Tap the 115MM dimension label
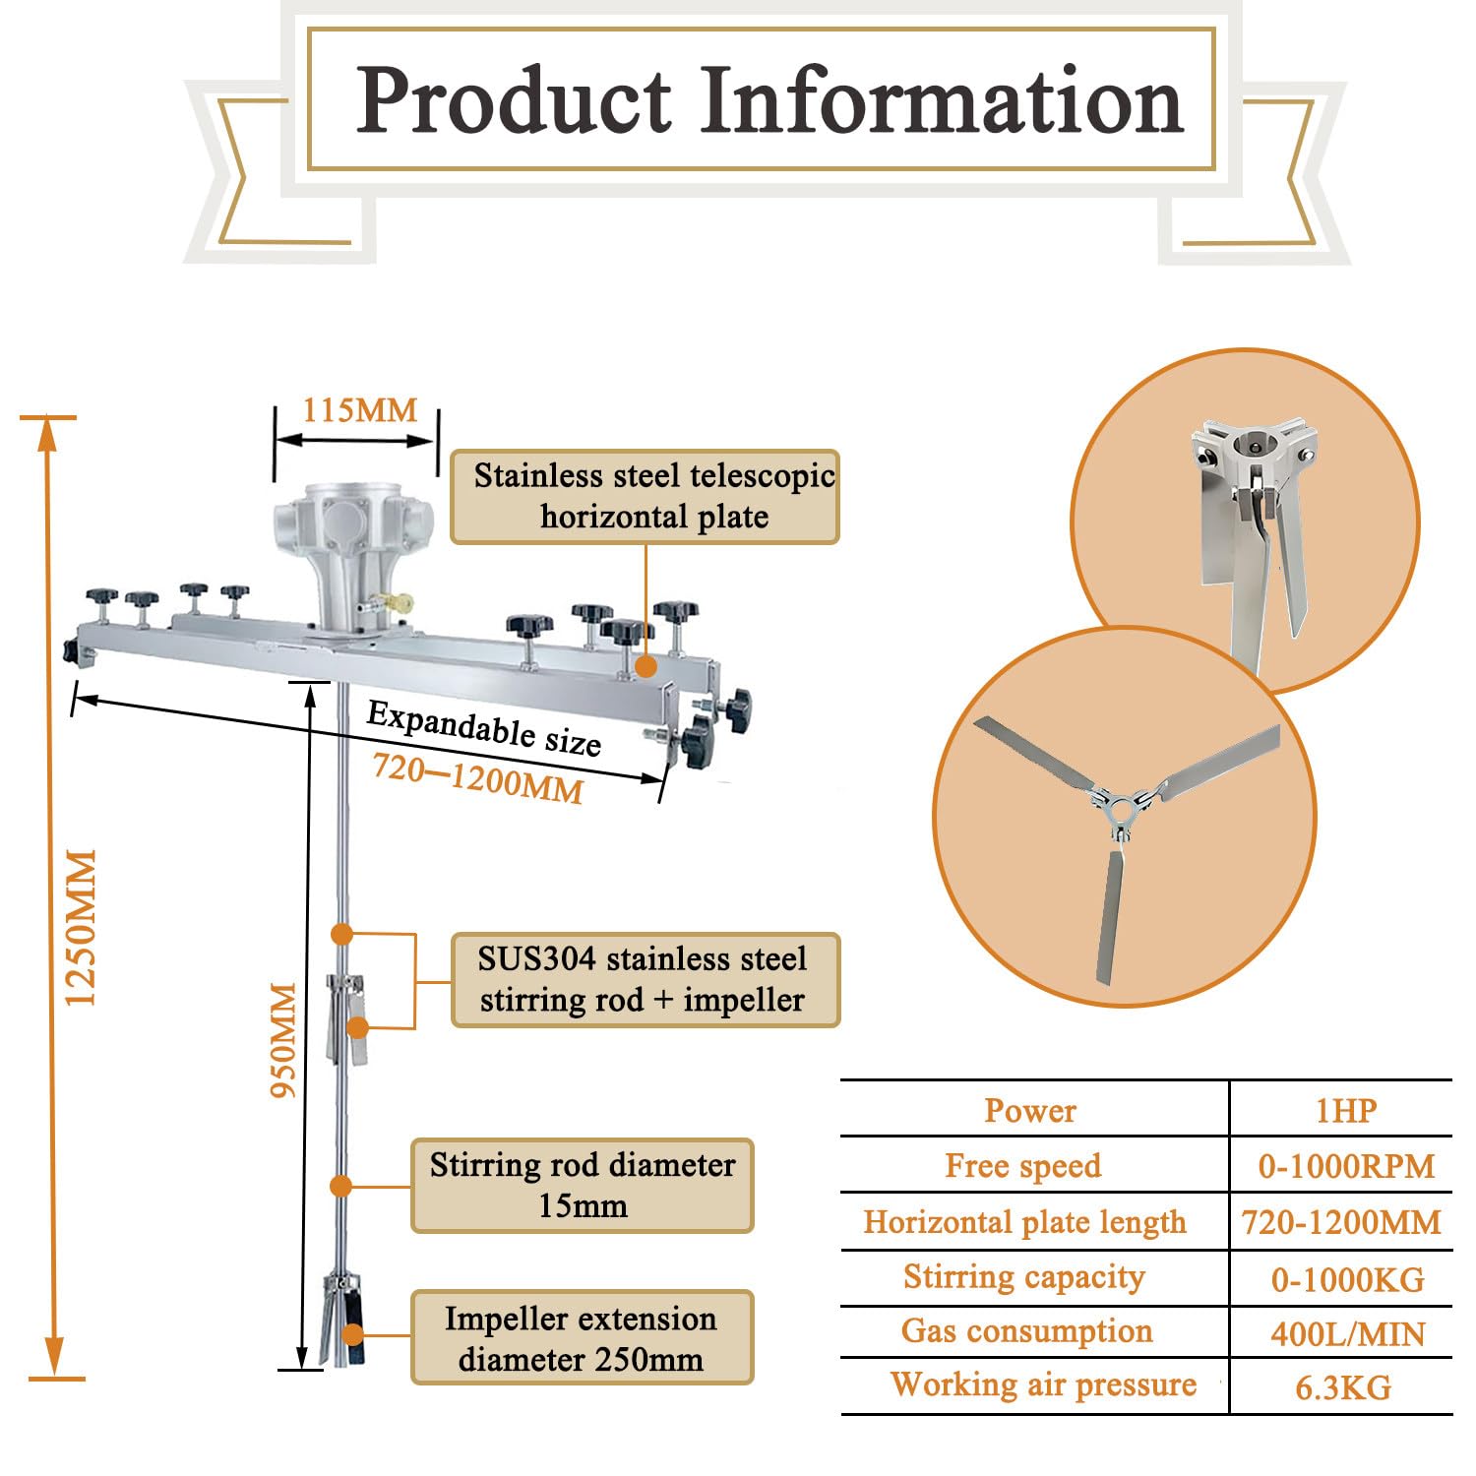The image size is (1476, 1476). pyautogui.click(x=359, y=410)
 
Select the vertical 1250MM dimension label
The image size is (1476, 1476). pyautogui.click(x=81, y=927)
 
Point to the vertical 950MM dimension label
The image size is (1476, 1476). pyautogui.click(x=283, y=1039)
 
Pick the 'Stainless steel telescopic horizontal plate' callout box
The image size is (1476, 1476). pyautogui.click(x=645, y=497)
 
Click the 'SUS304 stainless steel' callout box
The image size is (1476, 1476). pyautogui.click(x=646, y=980)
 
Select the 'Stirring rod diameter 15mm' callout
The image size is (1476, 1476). pyautogui.click(x=583, y=1186)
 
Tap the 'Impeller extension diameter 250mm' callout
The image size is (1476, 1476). pyautogui.click(x=583, y=1337)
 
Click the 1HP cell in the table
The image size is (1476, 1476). pyautogui.click(x=1346, y=1110)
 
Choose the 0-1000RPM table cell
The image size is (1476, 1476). pyautogui.click(x=1346, y=1166)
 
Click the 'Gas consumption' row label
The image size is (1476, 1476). pyautogui.click(x=1026, y=1330)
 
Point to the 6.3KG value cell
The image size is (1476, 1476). pyautogui.click(x=1343, y=1387)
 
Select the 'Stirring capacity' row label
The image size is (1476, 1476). pyautogui.click(x=1024, y=1276)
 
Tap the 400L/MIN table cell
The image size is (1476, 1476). pyautogui.click(x=1347, y=1333)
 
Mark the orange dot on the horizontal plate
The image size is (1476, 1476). pyautogui.click(x=646, y=666)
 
